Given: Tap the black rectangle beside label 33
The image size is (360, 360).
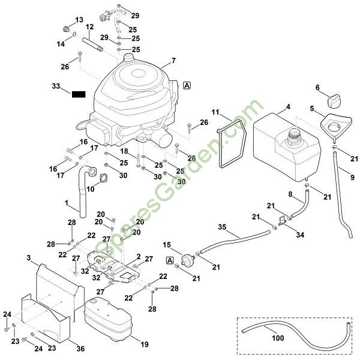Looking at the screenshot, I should pos(79,94).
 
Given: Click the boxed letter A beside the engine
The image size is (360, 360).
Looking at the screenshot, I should pos(187,86).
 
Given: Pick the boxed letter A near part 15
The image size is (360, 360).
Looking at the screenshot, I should pos(170,260).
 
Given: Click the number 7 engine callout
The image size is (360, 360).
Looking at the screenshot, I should pos(173,61).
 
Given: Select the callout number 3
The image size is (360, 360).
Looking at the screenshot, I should pos(28,258).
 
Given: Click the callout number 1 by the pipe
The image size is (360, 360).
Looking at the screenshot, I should pos(67,203).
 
